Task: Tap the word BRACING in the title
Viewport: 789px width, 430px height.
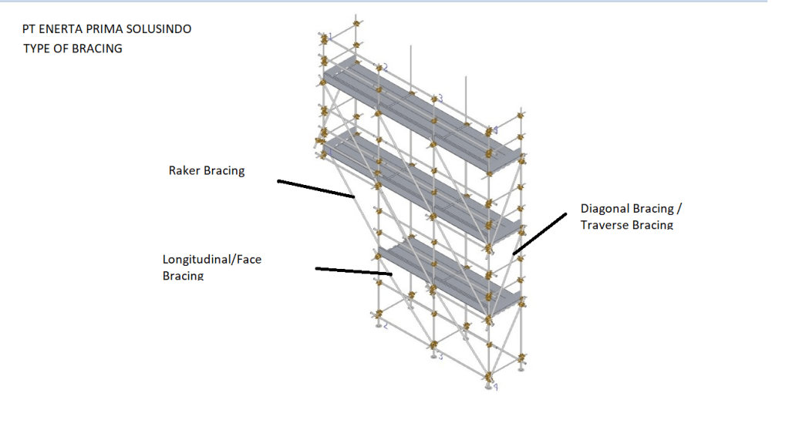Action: tap(98, 49)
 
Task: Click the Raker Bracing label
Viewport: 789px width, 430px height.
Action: tap(206, 170)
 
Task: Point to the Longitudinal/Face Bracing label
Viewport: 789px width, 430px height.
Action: tap(211, 260)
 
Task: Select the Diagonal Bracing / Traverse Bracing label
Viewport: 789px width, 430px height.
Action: tap(631, 209)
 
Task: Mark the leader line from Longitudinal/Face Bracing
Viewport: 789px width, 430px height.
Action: tap(354, 270)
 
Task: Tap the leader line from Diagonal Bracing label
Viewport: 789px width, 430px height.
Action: tap(539, 233)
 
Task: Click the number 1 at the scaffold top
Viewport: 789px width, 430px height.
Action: tap(331, 35)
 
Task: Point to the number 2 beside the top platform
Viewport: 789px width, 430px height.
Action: tap(386, 67)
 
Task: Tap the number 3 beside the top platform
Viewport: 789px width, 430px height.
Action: tap(440, 99)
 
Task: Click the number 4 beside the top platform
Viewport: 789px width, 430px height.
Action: tap(496, 130)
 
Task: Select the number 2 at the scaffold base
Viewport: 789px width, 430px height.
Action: tap(385, 326)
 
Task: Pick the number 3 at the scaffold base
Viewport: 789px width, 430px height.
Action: tap(440, 356)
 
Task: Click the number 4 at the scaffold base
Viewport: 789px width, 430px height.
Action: tap(496, 386)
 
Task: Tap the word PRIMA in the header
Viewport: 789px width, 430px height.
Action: tap(106, 29)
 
